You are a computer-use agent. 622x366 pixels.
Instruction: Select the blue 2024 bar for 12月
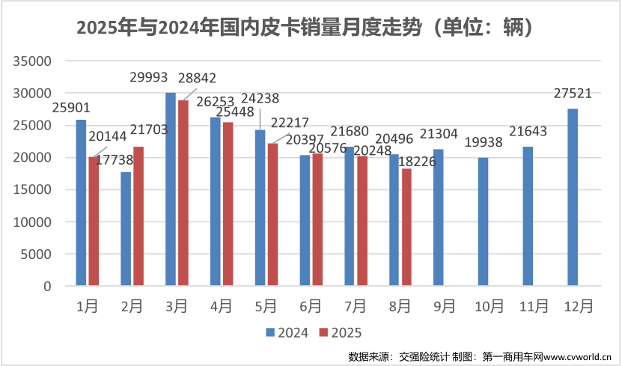[573, 198]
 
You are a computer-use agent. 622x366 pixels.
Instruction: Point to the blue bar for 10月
[483, 222]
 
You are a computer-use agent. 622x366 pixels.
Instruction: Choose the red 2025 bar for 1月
[94, 222]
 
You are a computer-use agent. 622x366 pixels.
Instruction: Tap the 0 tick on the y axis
[47, 287]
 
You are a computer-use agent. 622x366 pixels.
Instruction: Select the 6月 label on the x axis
[310, 306]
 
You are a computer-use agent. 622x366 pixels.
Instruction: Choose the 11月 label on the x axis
[533, 306]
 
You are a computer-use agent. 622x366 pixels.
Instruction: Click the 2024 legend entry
[286, 332]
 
